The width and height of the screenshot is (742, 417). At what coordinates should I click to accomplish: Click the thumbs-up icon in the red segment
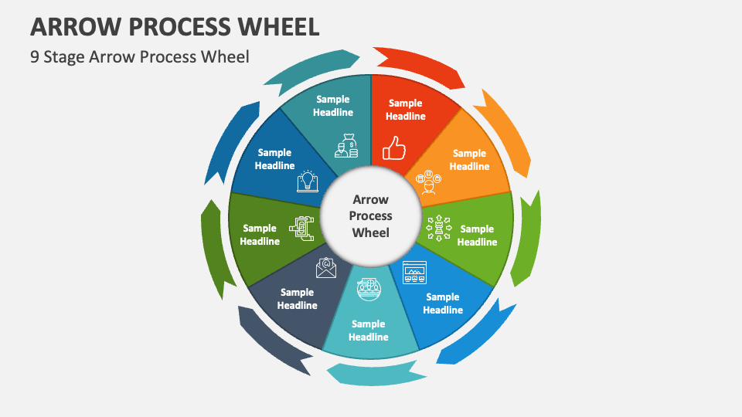click(394, 147)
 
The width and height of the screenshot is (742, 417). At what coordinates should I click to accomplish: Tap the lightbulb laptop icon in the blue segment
click(308, 181)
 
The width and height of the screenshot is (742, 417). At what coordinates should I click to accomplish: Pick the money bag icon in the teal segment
click(346, 145)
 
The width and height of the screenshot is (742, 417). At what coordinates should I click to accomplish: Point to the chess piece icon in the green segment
click(438, 228)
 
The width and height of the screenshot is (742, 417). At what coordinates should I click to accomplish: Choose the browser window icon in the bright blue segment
click(414, 273)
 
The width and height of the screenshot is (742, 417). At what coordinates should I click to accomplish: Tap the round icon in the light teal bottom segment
click(369, 288)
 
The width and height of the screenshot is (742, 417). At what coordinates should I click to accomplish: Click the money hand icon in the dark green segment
click(301, 228)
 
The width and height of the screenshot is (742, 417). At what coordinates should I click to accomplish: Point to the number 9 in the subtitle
click(35, 56)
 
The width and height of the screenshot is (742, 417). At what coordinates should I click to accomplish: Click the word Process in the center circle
click(371, 216)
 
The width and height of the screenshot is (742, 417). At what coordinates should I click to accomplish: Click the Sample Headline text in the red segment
click(406, 110)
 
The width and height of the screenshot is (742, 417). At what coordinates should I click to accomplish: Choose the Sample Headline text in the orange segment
click(469, 160)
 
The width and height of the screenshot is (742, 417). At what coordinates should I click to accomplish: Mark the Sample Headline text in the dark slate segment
click(298, 299)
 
